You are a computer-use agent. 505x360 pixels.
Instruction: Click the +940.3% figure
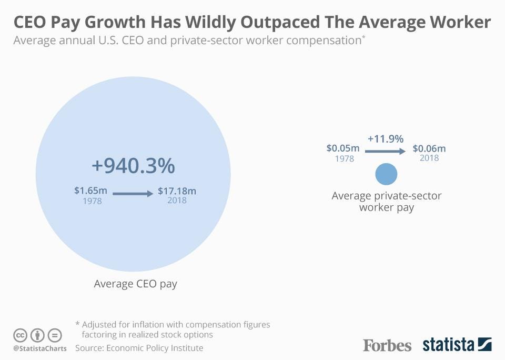click(133, 166)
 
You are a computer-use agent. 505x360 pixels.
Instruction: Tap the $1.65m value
click(92, 191)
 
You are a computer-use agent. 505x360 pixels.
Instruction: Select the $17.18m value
click(177, 191)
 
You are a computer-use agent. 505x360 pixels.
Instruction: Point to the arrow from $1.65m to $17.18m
click(134, 193)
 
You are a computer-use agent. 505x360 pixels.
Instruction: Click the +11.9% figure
click(386, 139)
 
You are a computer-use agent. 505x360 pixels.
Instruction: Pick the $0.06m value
click(429, 149)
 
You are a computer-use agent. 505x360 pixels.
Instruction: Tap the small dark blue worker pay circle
click(386, 174)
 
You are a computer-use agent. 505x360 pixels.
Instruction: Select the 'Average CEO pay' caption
click(135, 284)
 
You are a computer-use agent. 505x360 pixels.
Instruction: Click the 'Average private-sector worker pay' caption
click(386, 202)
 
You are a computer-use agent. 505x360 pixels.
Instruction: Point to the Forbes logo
click(387, 345)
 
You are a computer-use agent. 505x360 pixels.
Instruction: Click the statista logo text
click(448, 345)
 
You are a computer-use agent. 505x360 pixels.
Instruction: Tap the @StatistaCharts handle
click(40, 348)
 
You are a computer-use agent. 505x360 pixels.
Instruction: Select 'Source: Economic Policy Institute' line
click(139, 348)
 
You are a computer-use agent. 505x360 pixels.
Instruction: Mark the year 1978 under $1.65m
click(92, 201)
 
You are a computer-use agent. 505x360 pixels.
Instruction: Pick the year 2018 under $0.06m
click(429, 158)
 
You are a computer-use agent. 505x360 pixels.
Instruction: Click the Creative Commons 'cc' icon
click(20, 335)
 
